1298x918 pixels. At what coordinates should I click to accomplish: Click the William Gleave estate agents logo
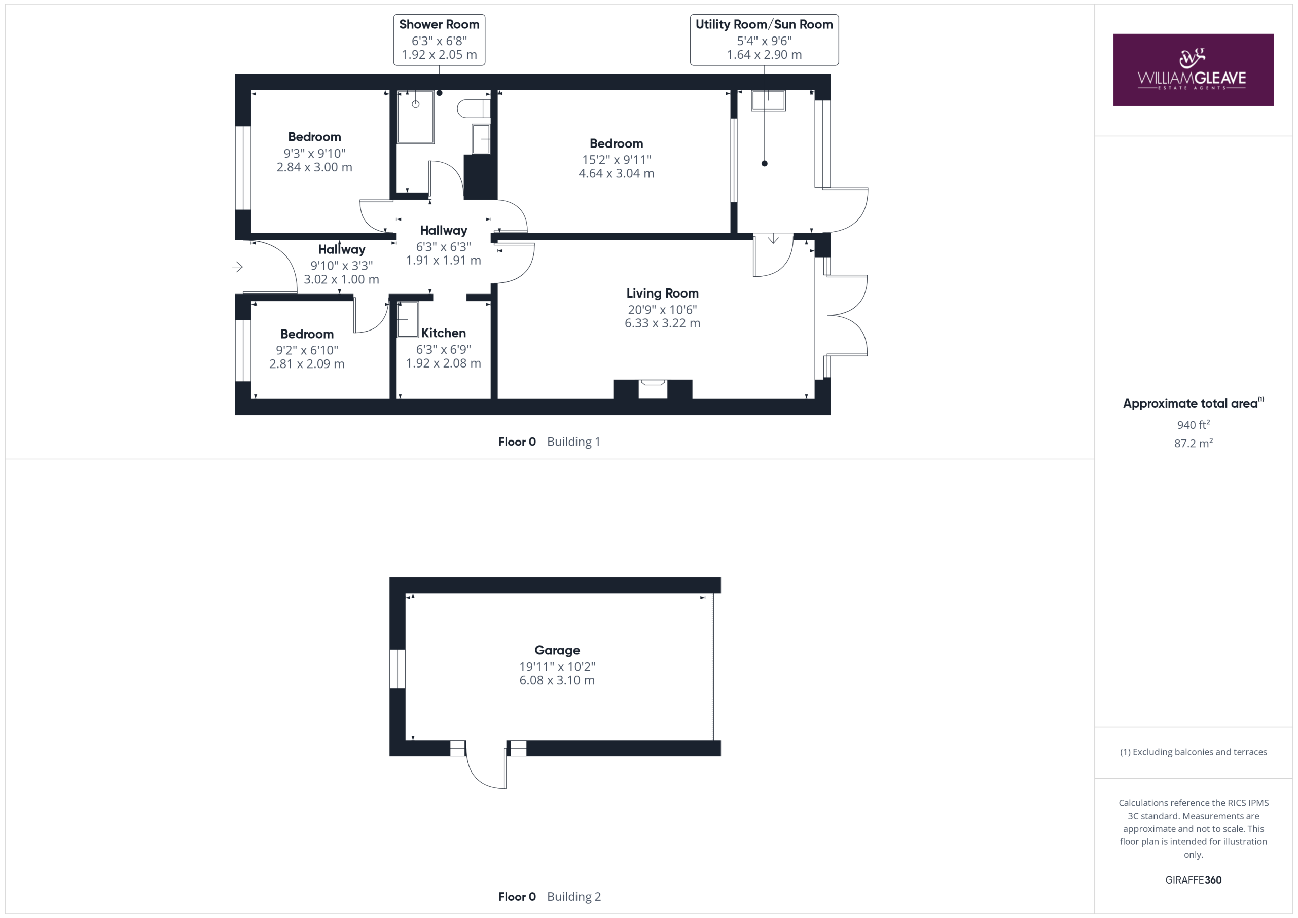[1193, 70]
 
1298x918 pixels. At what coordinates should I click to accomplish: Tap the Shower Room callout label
[439, 40]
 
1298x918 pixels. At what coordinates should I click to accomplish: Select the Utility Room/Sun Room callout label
[764, 40]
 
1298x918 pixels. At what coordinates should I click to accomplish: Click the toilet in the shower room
[474, 108]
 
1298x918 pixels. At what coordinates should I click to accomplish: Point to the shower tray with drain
[416, 117]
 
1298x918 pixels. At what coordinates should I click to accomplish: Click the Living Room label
[662, 293]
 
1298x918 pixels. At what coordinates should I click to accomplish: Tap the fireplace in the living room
[653, 389]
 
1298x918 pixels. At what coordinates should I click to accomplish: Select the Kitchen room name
[443, 333]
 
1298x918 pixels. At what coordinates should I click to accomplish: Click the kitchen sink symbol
[408, 320]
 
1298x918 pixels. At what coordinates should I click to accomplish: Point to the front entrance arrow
[237, 267]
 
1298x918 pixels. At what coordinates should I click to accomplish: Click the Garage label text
[557, 650]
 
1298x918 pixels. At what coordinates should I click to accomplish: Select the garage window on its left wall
[398, 669]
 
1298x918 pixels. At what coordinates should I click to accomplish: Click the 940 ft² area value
[1194, 424]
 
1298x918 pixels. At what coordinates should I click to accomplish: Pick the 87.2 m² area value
[1194, 443]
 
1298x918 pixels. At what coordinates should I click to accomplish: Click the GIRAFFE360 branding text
[1194, 879]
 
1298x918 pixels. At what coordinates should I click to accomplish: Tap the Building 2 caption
[574, 897]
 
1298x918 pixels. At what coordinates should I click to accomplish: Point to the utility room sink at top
[768, 100]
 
